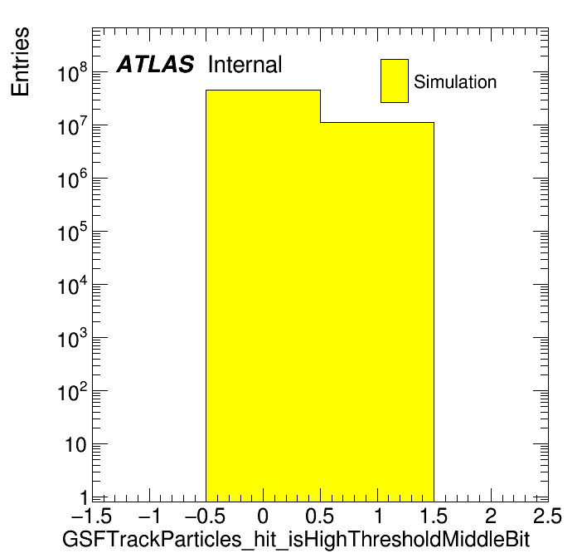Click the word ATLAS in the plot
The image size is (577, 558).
155,64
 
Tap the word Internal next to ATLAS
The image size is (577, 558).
245,65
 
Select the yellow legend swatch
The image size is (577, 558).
395,81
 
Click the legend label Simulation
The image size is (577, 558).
455,82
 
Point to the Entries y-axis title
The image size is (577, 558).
20,61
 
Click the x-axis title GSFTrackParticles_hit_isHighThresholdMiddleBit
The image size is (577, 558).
296,540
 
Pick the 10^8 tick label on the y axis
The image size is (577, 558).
72,72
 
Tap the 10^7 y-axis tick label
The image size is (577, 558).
72,125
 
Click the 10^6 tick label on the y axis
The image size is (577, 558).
72,179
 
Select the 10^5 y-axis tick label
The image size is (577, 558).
72,232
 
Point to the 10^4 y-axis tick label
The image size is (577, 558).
72,285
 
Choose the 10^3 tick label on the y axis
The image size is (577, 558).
72,338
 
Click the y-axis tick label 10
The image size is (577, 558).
76,445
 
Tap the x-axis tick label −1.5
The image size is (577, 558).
92,516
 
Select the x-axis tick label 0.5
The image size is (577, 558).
320,516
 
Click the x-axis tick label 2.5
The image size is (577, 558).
547,516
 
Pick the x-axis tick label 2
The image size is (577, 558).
491,516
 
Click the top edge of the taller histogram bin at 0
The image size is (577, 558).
263,90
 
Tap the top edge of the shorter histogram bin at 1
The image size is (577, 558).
377,122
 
